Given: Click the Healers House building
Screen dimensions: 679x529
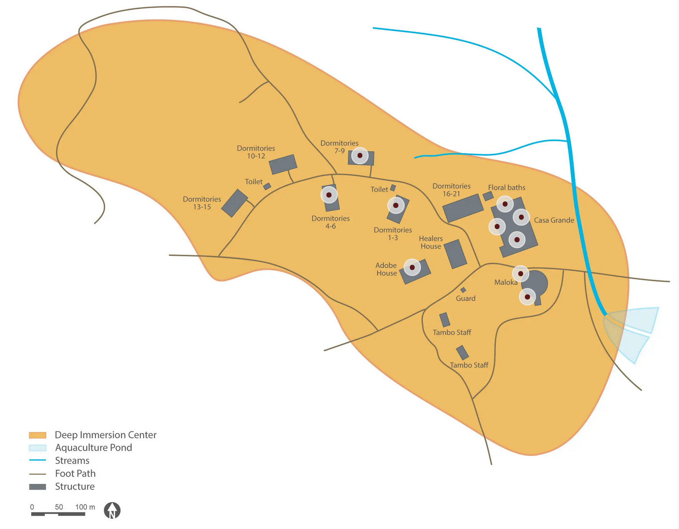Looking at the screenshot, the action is [455, 254].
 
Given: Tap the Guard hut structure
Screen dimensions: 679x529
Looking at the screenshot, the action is [463, 290].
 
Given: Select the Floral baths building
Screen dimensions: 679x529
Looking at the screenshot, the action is [488, 196].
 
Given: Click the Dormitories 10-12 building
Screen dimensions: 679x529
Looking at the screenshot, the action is [283, 165].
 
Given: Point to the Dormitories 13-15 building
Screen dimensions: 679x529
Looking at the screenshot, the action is [234, 203].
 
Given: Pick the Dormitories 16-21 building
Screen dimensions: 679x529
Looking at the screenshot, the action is [463, 208].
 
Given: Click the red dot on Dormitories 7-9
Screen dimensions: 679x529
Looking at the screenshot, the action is [360, 155].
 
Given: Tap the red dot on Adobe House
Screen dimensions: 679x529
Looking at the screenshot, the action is [412, 267].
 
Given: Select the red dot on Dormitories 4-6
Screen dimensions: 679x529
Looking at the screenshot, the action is [329, 195].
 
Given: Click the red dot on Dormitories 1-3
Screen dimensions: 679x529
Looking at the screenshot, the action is [396, 205].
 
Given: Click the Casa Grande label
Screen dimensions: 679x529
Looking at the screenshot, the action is [554, 220].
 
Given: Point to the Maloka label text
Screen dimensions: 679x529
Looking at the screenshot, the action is [506, 282].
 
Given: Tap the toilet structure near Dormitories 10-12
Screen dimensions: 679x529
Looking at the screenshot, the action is [267, 186].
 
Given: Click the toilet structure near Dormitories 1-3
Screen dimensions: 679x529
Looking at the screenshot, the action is [393, 188].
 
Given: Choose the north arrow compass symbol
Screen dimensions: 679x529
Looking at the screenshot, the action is [112, 511].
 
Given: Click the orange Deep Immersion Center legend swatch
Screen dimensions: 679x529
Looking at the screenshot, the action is [38, 435].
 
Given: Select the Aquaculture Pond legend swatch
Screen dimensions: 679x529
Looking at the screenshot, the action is [38, 448].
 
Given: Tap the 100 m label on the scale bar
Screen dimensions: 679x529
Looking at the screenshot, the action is [85, 507].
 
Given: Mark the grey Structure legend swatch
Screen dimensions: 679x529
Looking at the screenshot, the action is [38, 487].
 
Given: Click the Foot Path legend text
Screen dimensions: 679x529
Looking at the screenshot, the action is [75, 474].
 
